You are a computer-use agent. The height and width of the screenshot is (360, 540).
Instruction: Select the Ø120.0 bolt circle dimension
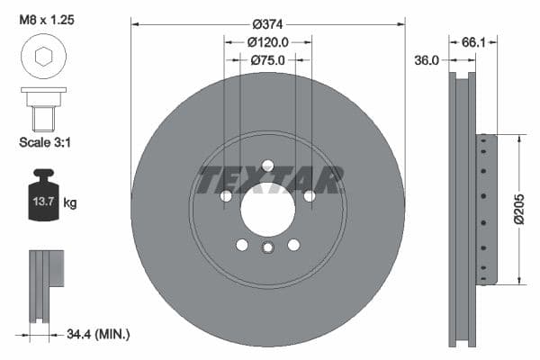click(x=267, y=41)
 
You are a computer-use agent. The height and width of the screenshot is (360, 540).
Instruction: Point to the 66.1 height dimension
click(x=473, y=41)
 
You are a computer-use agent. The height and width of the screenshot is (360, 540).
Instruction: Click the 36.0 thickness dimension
click(x=427, y=60)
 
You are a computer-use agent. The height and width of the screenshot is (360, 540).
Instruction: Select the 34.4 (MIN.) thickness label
click(x=99, y=335)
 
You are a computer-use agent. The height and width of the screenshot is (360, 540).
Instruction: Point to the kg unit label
click(x=70, y=203)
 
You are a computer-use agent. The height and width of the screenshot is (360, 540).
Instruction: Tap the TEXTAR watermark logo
click(x=268, y=180)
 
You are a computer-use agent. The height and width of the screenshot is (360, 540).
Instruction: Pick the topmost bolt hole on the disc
click(x=267, y=166)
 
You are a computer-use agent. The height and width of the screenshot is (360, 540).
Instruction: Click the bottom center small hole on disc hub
click(x=267, y=249)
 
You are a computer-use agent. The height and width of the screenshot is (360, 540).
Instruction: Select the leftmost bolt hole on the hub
click(x=227, y=196)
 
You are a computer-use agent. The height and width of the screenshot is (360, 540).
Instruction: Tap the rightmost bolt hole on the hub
click(x=309, y=196)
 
